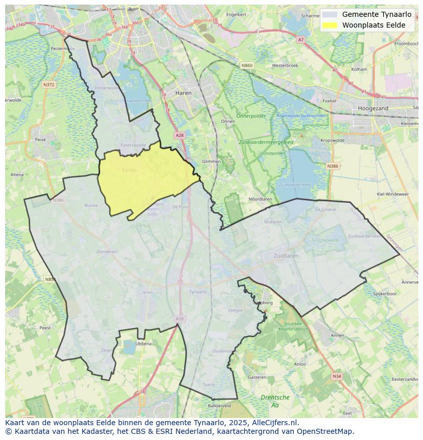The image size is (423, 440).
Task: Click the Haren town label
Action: pyautogui.click(x=183, y=93)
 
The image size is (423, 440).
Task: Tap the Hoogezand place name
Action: pyautogui.click(x=373, y=108)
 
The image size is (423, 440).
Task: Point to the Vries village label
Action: pyautogui.click(x=148, y=292)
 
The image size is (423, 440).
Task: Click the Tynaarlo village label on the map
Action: pyautogui.click(x=198, y=292)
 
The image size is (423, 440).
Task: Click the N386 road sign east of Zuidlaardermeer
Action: pyautogui.click(x=333, y=166)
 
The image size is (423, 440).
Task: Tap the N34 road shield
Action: pyautogui.click(x=336, y=376)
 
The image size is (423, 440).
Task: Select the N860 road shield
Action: pyautogui.click(x=247, y=65)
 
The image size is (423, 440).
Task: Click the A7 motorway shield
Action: pyautogui.click(x=300, y=39)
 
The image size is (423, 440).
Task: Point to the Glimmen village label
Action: pyautogui.click(x=212, y=161)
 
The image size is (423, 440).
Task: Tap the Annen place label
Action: pyautogui.click(x=337, y=335)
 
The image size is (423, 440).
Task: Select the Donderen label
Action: pyautogui.click(x=107, y=251)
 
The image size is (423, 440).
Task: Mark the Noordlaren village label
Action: pyautogui.click(x=260, y=199)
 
